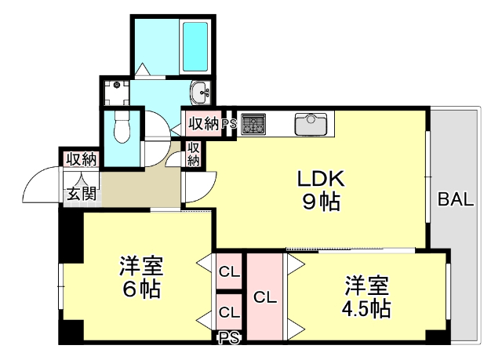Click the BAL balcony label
456,199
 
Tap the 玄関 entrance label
81,193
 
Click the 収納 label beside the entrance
81,159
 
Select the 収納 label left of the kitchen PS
202,124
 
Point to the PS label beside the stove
229,124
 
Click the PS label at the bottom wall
229,338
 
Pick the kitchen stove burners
253,123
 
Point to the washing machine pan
116,93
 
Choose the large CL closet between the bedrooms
265,297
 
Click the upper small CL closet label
229,273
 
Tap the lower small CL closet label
229,312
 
